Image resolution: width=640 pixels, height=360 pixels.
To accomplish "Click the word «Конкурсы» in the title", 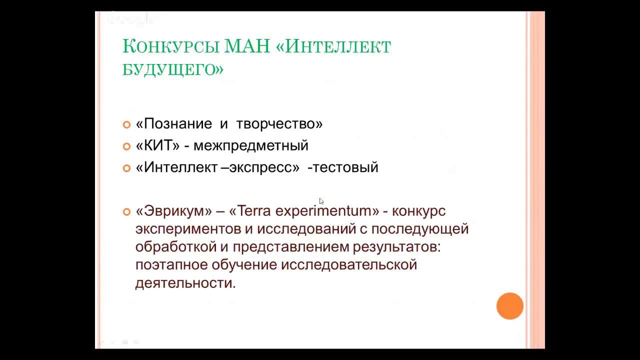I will pyautogui.click(x=170, y=46).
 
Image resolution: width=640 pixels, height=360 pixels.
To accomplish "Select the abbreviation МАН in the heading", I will pyautogui.click(x=247, y=46).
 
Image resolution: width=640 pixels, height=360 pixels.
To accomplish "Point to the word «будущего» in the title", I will pyautogui.click(x=172, y=68).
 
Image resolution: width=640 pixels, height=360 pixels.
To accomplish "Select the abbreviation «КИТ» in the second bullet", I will pyautogui.click(x=158, y=145).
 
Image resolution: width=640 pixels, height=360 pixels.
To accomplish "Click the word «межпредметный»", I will pyautogui.click(x=250, y=145).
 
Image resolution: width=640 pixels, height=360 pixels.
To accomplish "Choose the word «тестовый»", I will pyautogui.click(x=345, y=167).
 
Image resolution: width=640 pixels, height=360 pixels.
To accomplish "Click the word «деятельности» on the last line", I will pyautogui.click(x=184, y=283).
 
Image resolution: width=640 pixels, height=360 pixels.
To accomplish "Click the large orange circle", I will pyautogui.click(x=509, y=306).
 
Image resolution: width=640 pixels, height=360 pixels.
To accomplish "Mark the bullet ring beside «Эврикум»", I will pyautogui.click(x=126, y=212).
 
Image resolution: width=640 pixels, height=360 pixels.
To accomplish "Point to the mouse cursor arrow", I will pyautogui.click(x=321, y=201).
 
